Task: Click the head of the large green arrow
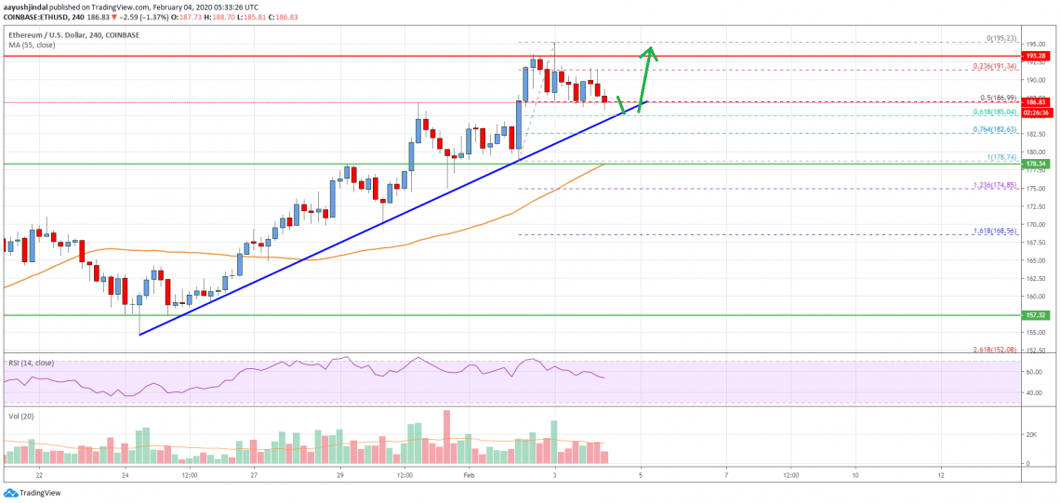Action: [x=652, y=51]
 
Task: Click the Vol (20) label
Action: [x=20, y=416]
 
